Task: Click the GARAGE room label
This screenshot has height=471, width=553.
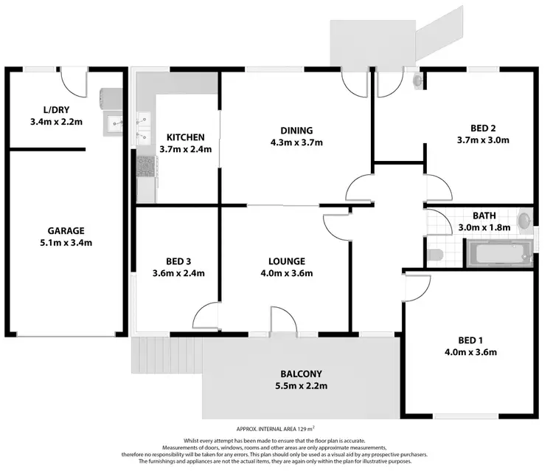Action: point(66,230)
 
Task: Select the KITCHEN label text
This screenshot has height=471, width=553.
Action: point(185,137)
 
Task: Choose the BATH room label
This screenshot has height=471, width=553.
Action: point(484,216)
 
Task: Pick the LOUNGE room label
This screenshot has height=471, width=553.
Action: point(287,261)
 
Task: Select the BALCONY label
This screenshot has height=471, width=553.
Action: point(301,374)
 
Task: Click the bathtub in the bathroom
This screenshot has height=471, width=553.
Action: point(500,253)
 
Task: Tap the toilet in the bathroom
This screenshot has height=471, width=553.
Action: point(435,255)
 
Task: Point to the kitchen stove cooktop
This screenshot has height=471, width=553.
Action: point(145,167)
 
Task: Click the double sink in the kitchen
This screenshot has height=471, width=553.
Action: point(143,128)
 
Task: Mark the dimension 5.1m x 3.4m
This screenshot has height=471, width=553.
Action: point(66,242)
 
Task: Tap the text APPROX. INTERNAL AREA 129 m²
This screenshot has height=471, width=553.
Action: point(276,429)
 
